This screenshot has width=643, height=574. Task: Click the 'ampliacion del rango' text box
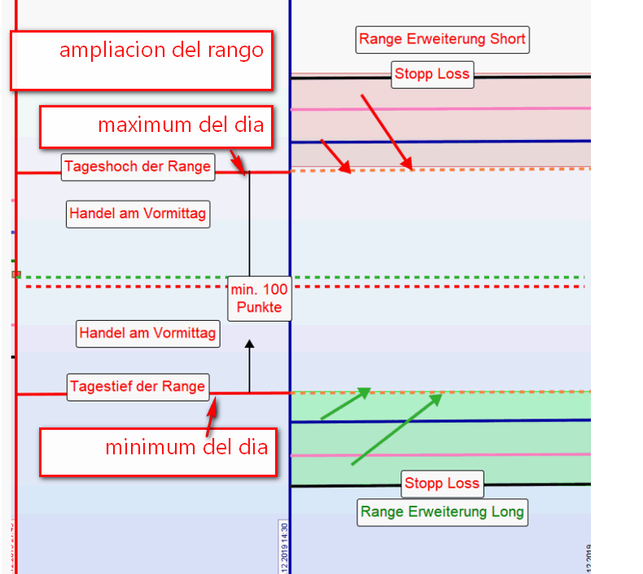(x=141, y=60)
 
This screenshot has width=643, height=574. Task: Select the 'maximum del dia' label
(x=155, y=126)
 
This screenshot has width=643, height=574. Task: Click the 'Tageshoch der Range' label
(x=138, y=167)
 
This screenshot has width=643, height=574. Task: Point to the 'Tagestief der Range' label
(x=138, y=386)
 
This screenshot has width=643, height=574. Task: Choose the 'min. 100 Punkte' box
(x=259, y=298)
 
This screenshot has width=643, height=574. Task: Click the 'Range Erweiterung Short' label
(x=443, y=38)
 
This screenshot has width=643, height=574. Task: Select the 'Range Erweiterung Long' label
(x=443, y=512)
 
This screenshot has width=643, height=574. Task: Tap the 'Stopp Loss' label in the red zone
(x=432, y=74)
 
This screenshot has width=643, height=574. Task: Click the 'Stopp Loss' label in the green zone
(x=442, y=483)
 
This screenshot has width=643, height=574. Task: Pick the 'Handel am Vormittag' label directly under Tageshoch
(x=138, y=214)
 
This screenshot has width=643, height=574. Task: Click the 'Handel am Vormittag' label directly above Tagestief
(x=147, y=333)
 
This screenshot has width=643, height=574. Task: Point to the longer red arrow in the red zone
(x=386, y=131)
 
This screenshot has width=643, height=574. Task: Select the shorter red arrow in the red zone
(x=335, y=156)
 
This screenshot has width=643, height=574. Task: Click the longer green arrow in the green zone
(x=396, y=430)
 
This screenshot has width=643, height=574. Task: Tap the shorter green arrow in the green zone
(x=345, y=404)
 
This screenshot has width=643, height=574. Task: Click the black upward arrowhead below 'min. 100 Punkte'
(x=250, y=345)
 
